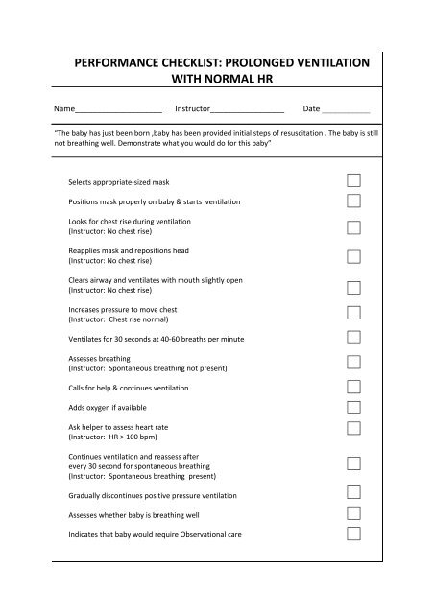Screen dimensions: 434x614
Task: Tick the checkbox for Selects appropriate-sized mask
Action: pos(353,180)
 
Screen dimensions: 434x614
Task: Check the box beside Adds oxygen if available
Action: pos(353,408)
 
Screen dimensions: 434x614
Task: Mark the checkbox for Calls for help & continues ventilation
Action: pos(353,387)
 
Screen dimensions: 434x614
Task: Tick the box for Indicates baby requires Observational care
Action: pos(353,533)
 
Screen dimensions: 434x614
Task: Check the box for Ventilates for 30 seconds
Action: pos(353,339)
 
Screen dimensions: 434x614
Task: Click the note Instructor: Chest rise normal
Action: pos(126,319)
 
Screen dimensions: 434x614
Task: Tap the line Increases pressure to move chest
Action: pos(123,310)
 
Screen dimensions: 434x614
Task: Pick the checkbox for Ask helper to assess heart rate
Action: pos(353,428)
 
